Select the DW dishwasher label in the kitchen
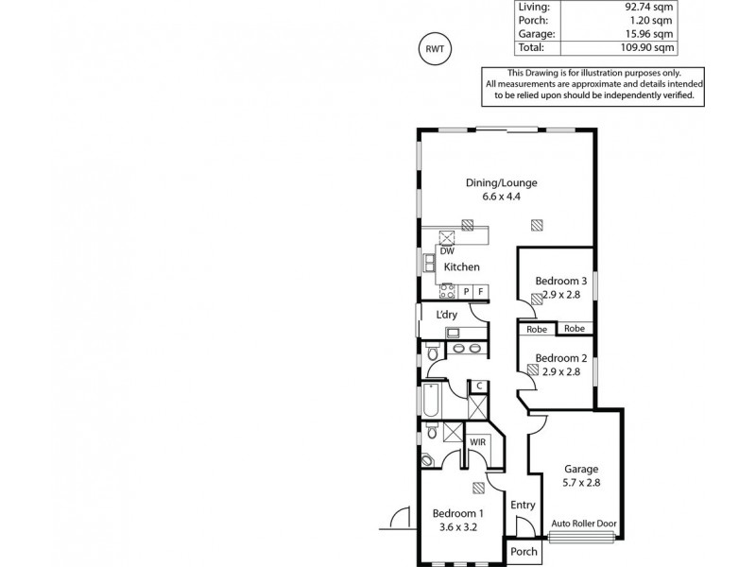pyautogui.click(x=448, y=251)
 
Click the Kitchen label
pyautogui.click(x=462, y=267)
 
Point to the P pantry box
pyautogui.click(x=466, y=292)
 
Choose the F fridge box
pyautogui.click(x=481, y=292)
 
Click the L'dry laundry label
pyautogui.click(x=447, y=315)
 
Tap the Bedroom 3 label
pyautogui.click(x=561, y=281)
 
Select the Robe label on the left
pyautogui.click(x=537, y=329)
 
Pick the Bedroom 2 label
pyautogui.click(x=561, y=358)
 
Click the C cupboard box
pyautogui.click(x=479, y=385)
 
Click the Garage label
pyautogui.click(x=582, y=469)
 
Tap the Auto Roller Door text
pyautogui.click(x=585, y=522)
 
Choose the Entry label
pyautogui.click(x=523, y=506)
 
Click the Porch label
pyautogui.click(x=524, y=552)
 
